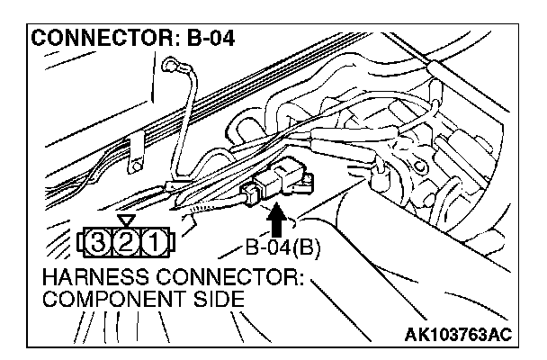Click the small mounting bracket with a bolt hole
137,152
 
